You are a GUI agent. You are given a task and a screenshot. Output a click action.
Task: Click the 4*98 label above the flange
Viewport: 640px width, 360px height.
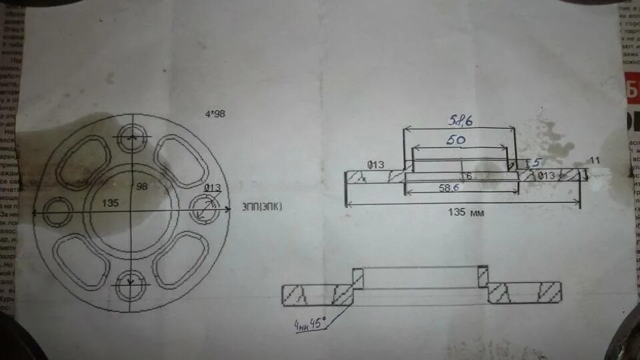(x=215, y=114)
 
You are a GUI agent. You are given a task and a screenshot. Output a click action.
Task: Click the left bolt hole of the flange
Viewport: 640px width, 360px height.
(x=57, y=212)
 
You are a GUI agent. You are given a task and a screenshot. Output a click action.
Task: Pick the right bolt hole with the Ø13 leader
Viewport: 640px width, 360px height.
(x=203, y=209)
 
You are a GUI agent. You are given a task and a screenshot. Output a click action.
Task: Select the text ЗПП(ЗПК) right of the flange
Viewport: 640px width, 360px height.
(x=263, y=207)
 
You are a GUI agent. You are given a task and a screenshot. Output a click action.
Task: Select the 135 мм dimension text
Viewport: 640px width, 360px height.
(x=465, y=213)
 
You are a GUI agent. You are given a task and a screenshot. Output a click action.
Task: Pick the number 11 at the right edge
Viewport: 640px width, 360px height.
(x=595, y=161)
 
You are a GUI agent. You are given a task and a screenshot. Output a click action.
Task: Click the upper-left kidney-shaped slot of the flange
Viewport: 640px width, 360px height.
(x=83, y=162)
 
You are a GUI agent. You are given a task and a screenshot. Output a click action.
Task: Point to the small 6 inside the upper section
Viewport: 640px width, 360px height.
(x=469, y=176)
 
